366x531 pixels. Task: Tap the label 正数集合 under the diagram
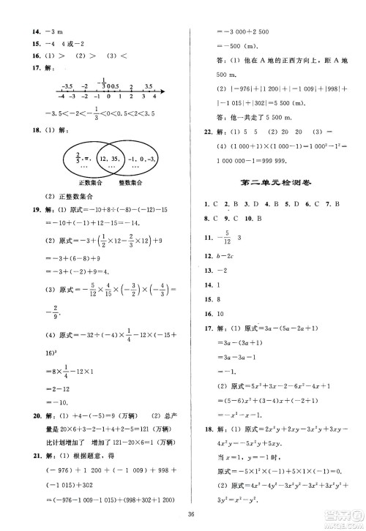coord(72,183)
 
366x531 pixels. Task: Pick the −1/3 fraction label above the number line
coord(104,80)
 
